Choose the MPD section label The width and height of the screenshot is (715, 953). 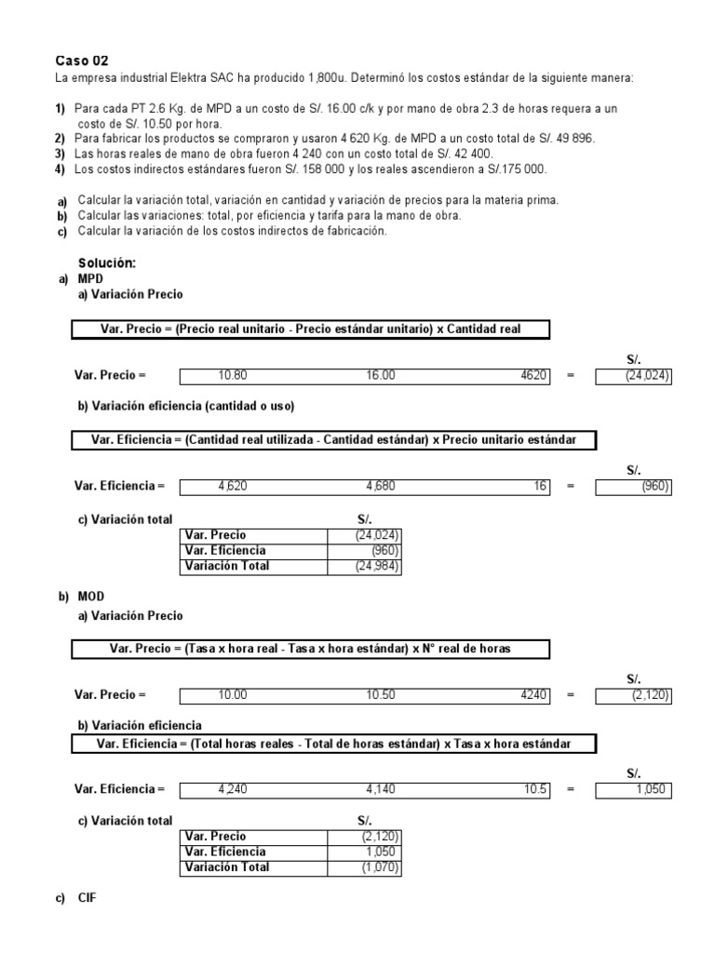pyautogui.click(x=91, y=279)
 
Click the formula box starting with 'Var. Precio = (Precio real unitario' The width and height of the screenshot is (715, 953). pyautogui.click(x=310, y=329)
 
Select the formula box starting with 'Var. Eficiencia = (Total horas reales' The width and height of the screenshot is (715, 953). pyautogui.click(x=333, y=745)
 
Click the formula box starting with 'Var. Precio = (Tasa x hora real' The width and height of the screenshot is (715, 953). pyautogui.click(x=310, y=649)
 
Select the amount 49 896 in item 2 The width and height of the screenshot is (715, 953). pyautogui.click(x=572, y=139)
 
